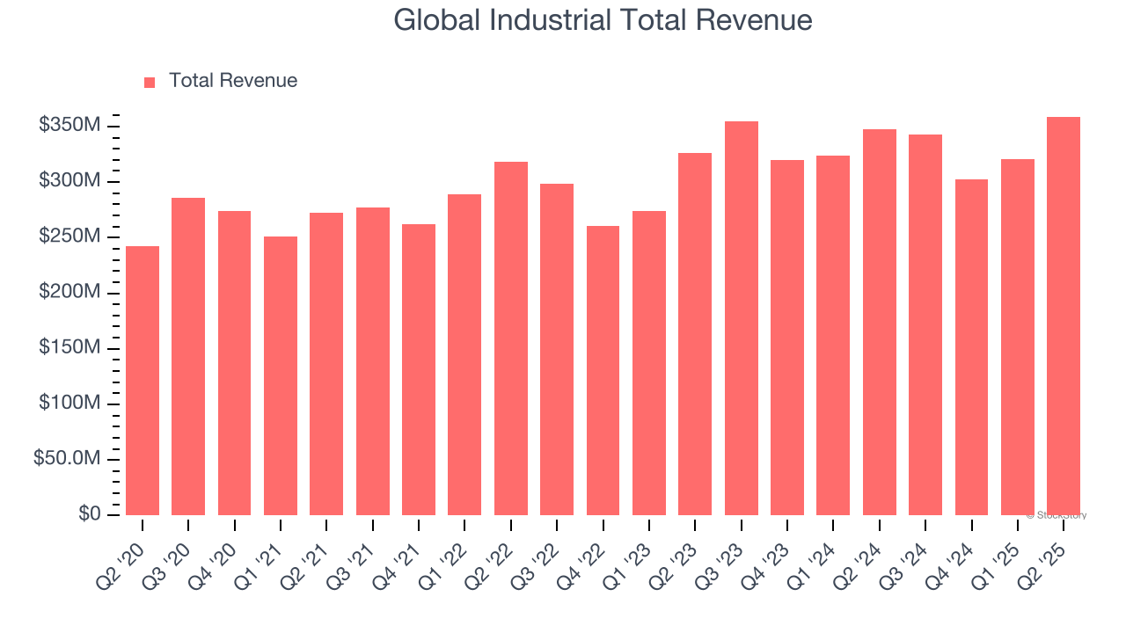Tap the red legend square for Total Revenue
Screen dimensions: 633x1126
tap(150, 82)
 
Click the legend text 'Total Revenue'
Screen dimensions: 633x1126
tap(233, 81)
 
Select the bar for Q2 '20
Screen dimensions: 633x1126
tap(143, 381)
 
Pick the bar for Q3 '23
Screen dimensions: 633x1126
tap(742, 318)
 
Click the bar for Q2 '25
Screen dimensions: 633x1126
tap(1064, 316)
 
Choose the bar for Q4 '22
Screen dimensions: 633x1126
tap(603, 370)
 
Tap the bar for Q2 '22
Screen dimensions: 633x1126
tap(511, 338)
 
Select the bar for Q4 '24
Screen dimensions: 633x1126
tap(971, 347)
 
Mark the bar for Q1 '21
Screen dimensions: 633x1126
tap(281, 375)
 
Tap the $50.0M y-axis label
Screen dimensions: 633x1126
tap(67, 459)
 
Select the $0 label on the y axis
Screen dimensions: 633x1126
tap(88, 513)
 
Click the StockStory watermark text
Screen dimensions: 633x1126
tap(1057, 515)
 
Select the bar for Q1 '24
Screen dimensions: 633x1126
tap(833, 335)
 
